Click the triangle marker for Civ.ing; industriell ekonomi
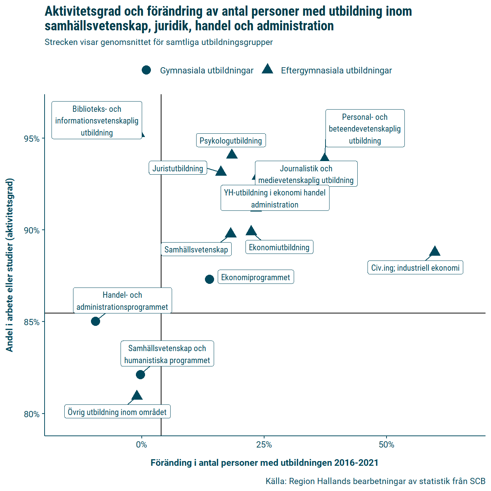pos(435,252)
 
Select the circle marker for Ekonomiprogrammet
pos(209,279)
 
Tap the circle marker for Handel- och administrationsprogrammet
pos(95,321)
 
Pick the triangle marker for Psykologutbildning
pos(232,155)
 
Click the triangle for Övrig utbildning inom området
pos(137,396)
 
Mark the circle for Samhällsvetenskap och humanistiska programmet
pos(140,375)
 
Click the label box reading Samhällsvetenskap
pos(196,250)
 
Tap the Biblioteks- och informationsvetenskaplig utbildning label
pos(97,121)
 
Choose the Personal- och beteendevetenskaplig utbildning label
pos(365,129)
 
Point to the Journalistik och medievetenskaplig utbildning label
pos(306,174)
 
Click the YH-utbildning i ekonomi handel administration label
pos(275,198)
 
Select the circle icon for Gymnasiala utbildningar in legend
pos(146,70)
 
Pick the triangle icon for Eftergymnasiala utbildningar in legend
pos(267,69)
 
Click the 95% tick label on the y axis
pos(31,139)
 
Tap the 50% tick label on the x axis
pos(387,445)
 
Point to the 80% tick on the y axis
pos(31,414)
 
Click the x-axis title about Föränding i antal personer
pos(264,463)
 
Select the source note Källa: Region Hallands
pos(375,481)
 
